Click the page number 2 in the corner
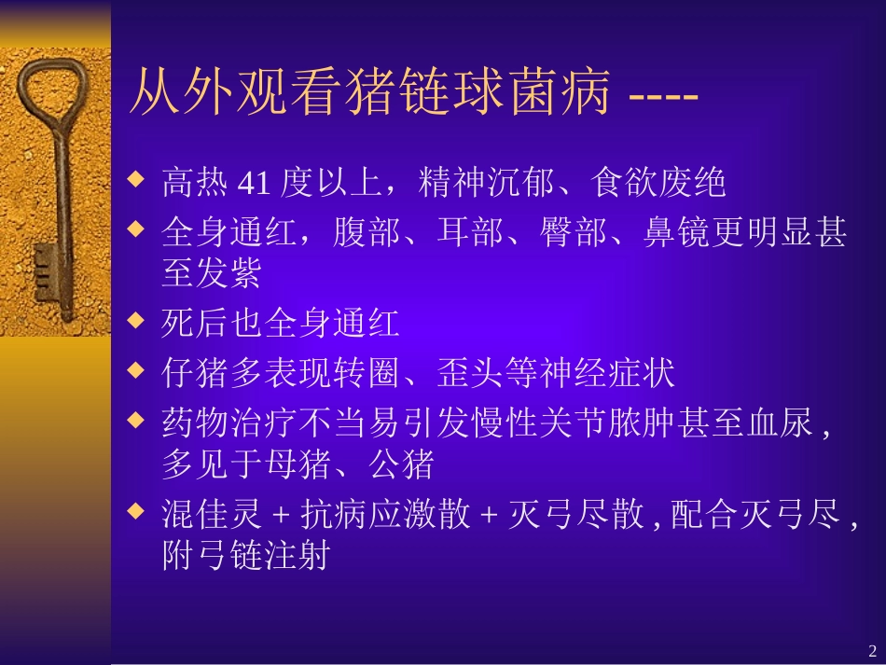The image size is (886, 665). coord(873,650)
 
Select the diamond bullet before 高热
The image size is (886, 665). coord(137,177)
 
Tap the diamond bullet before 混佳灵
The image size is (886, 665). coord(137,510)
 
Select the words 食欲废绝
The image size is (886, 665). coord(659,184)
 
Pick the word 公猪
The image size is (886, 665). coord(403,464)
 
